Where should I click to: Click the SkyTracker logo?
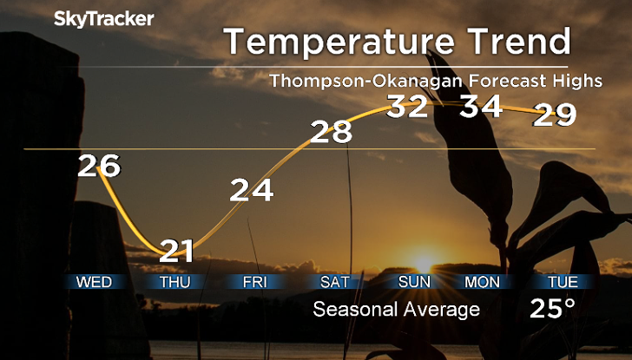pos(104,18)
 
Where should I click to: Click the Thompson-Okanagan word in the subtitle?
pos(349,82)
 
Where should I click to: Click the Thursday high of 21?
pos(177,252)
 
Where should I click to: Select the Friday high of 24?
pos(252,190)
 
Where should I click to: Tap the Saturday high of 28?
pos(332,132)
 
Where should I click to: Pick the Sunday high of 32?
pos(408,107)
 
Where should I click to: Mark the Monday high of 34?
pos(482,107)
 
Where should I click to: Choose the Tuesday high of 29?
pos(555,114)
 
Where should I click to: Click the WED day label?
pos(94,282)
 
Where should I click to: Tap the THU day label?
pos(177,282)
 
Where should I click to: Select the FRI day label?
pos(254,282)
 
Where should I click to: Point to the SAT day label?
pos(334,282)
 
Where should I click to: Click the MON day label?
pos(482,282)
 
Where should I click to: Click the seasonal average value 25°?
pos(554,309)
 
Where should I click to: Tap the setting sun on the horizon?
pos(423,263)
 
